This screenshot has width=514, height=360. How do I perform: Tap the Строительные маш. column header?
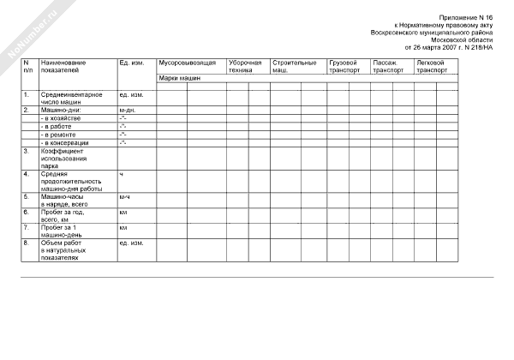pyautogui.click(x=294, y=68)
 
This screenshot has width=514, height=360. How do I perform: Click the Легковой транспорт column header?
pyautogui.click(x=431, y=68)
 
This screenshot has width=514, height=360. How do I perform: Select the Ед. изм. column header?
pyautogui.click(x=131, y=64)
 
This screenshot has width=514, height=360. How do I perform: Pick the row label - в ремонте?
pyautogui.click(x=63, y=135)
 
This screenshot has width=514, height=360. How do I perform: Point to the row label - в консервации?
pyautogui.click(x=69, y=142)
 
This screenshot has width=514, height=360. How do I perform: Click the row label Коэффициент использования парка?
pyautogui.click(x=64, y=159)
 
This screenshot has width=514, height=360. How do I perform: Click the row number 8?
pyautogui.click(x=27, y=243)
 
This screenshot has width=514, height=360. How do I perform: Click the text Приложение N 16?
pyautogui.click(x=466, y=17)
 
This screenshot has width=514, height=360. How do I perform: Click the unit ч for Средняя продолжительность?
pyautogui.click(x=122, y=175)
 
